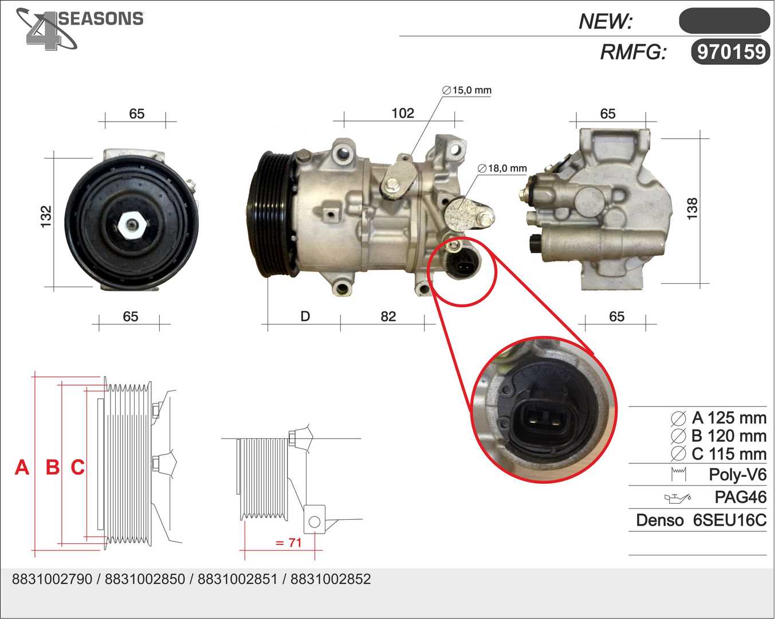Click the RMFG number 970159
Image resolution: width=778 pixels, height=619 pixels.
731,52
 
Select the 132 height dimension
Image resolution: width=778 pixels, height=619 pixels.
46,217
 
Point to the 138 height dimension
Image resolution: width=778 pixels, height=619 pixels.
692,209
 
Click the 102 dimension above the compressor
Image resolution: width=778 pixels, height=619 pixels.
402,113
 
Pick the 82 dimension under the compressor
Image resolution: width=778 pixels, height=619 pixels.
388,316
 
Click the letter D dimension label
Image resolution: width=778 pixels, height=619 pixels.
305,316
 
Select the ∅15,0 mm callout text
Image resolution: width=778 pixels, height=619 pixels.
467,90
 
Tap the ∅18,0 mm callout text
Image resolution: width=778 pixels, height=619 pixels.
502,169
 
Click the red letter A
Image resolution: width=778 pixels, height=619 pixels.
22,468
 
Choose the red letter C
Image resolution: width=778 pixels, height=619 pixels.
77,468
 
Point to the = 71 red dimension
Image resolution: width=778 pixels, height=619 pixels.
288,542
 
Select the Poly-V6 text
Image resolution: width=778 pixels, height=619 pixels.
737,475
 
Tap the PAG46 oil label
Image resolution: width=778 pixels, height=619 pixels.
740,497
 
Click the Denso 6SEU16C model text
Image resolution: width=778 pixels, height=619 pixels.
701,520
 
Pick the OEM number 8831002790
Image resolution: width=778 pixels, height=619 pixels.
52,579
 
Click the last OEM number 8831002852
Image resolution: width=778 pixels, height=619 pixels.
331,579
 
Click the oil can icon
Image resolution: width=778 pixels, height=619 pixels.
677,497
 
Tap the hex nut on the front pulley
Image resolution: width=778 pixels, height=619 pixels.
131,225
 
